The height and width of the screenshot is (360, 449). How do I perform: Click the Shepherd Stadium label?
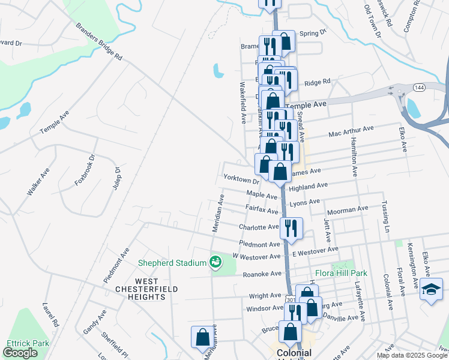(x=173, y=262)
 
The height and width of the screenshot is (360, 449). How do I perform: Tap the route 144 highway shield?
(x=419, y=88)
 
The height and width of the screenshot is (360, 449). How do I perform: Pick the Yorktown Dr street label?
(x=240, y=178)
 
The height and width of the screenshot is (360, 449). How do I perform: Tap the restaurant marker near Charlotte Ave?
(x=291, y=228)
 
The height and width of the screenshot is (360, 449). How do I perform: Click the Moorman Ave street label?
(x=348, y=210)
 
